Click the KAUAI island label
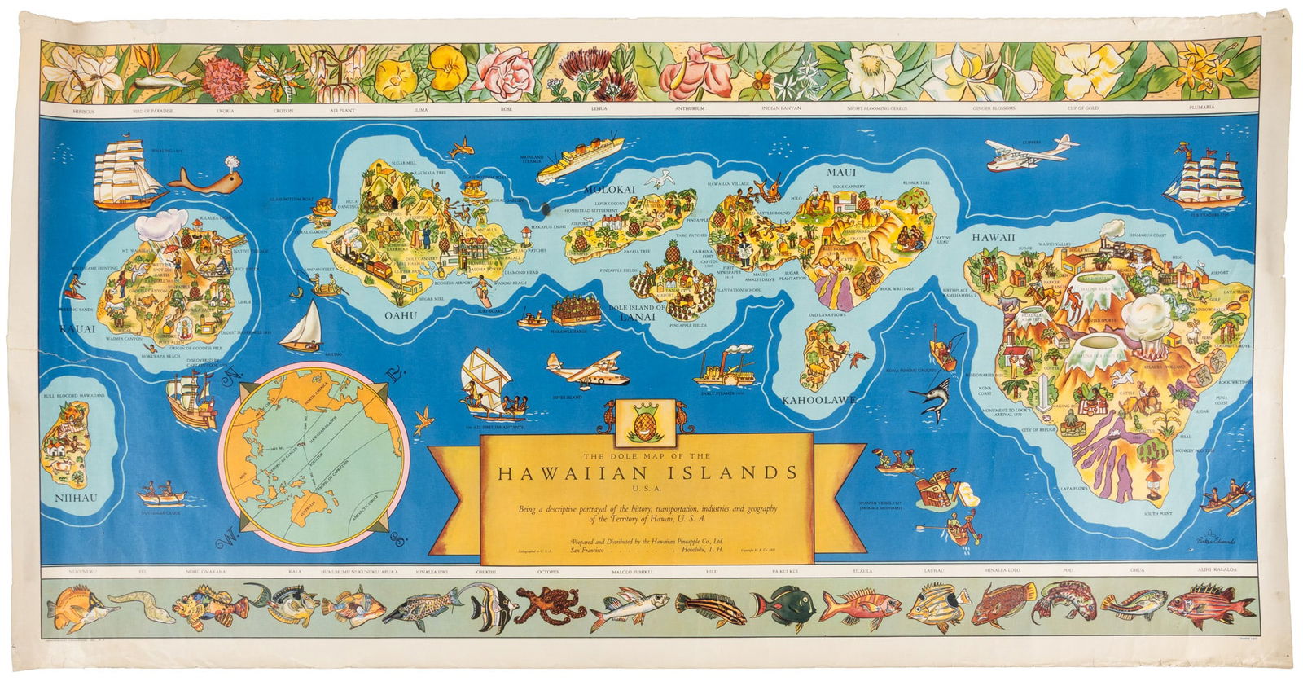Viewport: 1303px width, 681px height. click(x=77, y=329)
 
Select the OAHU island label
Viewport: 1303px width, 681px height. click(x=401, y=314)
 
